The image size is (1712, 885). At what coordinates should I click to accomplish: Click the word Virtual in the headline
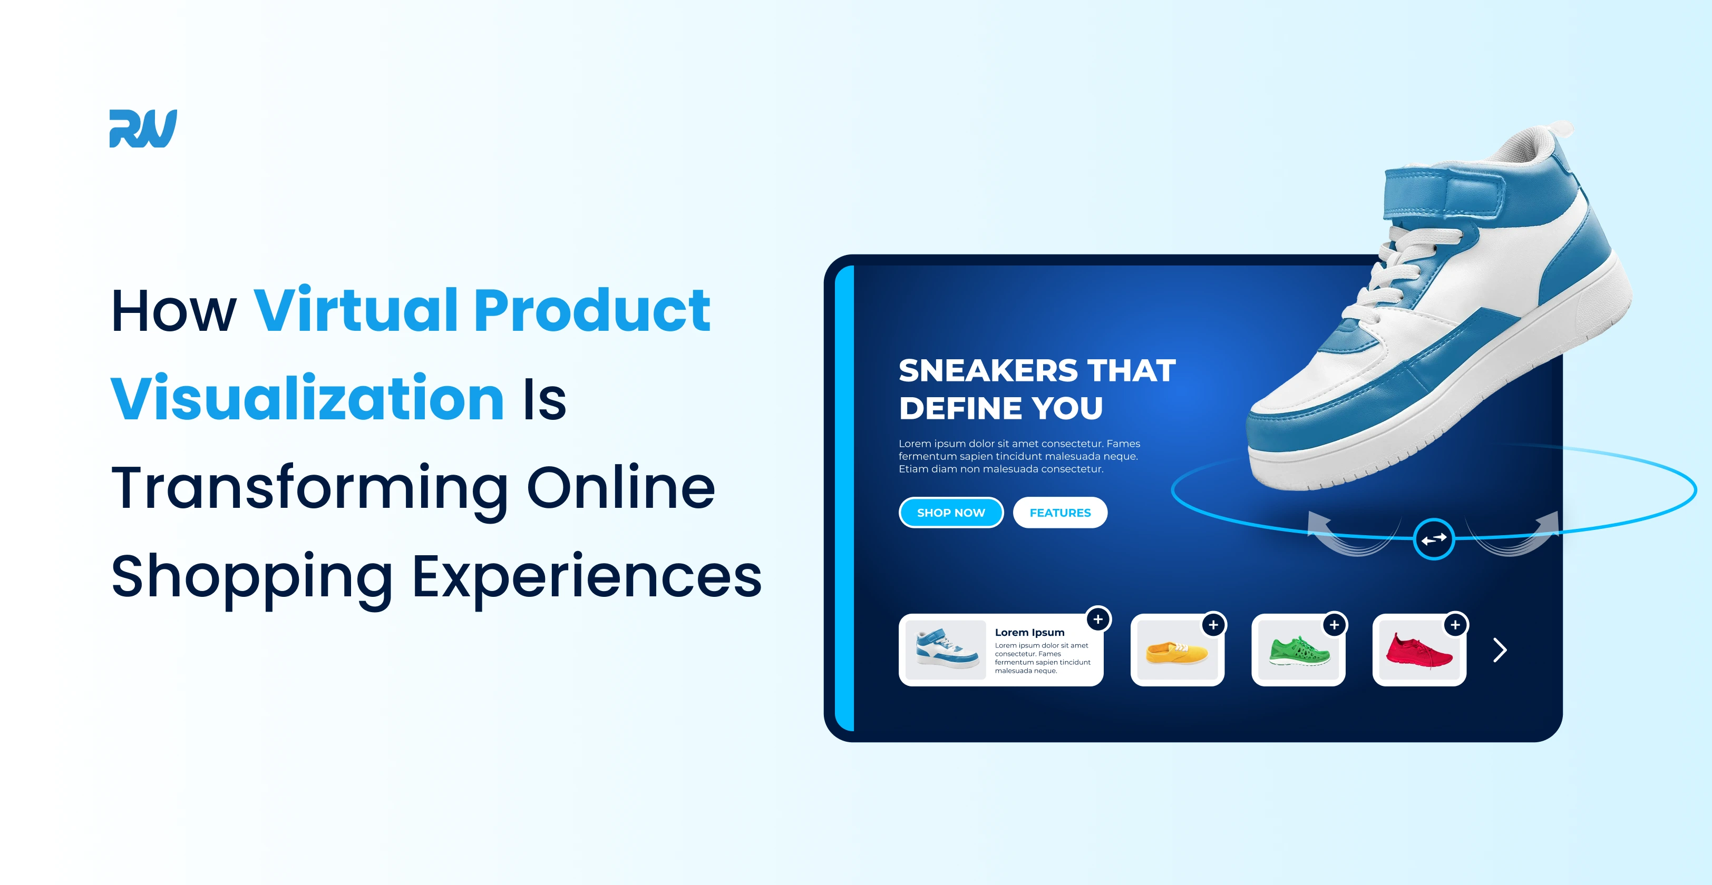[x=356, y=310]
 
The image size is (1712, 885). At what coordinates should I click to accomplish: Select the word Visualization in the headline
[x=307, y=399]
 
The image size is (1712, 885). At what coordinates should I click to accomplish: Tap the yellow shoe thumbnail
[x=1176, y=652]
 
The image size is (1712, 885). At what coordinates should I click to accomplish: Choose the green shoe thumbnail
[x=1298, y=652]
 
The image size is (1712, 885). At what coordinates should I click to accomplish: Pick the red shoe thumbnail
[x=1419, y=652]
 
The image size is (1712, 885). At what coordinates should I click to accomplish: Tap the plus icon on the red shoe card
[x=1455, y=625]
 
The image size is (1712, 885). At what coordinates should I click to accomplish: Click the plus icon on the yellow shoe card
[x=1213, y=625]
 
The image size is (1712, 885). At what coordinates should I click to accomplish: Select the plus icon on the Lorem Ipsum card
[x=1098, y=619]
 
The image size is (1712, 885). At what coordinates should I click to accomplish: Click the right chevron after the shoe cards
[x=1500, y=650]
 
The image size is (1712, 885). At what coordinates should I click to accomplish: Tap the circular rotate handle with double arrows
[x=1434, y=539]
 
